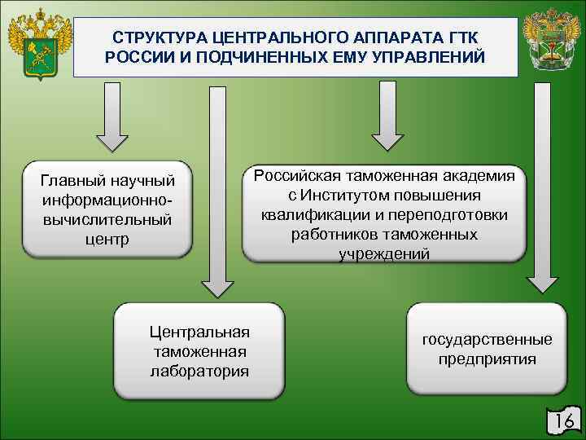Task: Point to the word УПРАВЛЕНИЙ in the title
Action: click(x=426, y=59)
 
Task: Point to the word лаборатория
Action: click(x=199, y=371)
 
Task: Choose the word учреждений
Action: click(x=384, y=253)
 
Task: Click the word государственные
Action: click(x=487, y=339)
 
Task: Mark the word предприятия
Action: click(x=487, y=359)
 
